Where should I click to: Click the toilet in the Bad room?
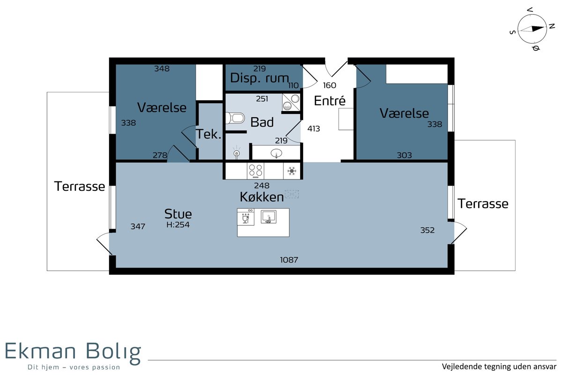point(235,118)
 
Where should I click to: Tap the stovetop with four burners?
point(255,171)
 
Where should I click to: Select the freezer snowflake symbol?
point(291,171)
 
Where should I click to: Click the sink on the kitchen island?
point(268,217)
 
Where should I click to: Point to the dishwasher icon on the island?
point(245,217)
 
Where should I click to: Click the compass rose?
point(532,29)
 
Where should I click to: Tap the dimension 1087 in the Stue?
point(289,260)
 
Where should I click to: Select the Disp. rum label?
point(259,78)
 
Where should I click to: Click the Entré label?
point(330,101)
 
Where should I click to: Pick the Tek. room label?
point(208,134)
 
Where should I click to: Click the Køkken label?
point(262,197)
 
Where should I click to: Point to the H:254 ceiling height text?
point(178,225)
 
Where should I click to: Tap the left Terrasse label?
point(80,187)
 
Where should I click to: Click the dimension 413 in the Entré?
point(314,128)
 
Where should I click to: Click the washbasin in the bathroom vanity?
point(276,153)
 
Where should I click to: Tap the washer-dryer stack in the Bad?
point(291,102)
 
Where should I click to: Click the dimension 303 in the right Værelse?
point(404,155)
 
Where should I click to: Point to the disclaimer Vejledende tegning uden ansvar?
point(499,367)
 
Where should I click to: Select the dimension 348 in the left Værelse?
point(162,68)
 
